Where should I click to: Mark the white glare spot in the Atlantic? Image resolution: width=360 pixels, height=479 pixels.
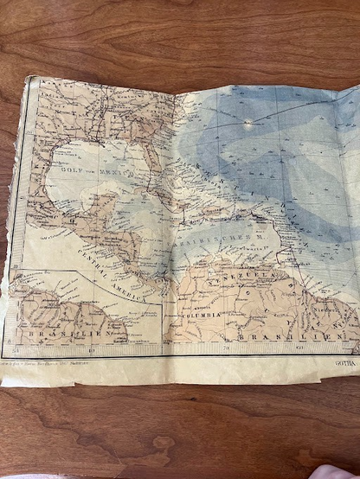coord(251,123)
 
